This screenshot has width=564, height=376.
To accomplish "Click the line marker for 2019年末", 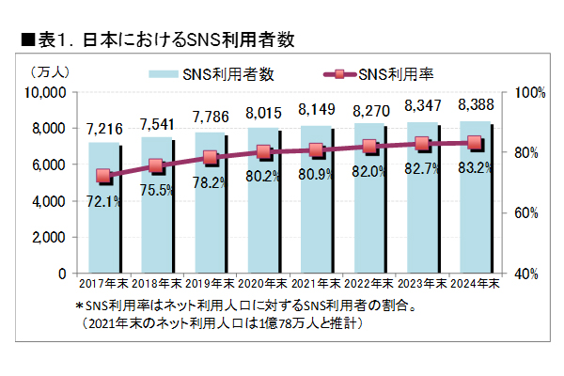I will [210, 158].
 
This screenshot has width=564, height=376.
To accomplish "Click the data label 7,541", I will [156, 123].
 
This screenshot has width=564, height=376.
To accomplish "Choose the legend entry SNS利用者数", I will [212, 73].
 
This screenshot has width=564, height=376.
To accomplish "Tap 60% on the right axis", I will [522, 212].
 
